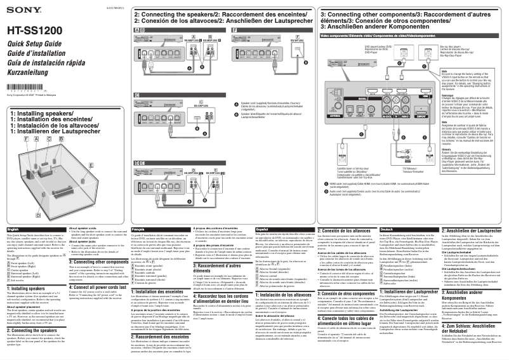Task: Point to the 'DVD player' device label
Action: pos(375,48)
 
